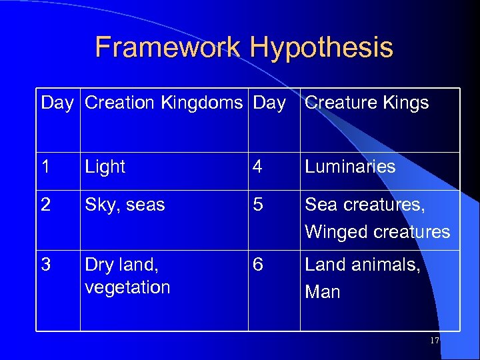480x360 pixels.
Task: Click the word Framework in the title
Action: click(x=168, y=48)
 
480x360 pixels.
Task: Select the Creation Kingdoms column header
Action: click(x=164, y=103)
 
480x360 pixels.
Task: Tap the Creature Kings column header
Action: click(x=367, y=103)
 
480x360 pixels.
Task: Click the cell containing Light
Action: click(x=105, y=167)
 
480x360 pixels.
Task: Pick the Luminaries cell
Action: click(x=350, y=167)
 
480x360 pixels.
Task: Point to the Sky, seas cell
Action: click(x=125, y=205)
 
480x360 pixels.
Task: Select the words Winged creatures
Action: click(x=377, y=232)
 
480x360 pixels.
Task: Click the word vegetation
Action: click(x=127, y=287)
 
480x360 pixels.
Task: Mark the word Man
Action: click(x=323, y=292)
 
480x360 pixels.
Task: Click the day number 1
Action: click(x=46, y=167)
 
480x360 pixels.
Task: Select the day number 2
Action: click(x=46, y=205)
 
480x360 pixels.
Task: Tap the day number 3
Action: click(x=46, y=265)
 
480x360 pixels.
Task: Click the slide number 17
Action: click(x=435, y=341)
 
